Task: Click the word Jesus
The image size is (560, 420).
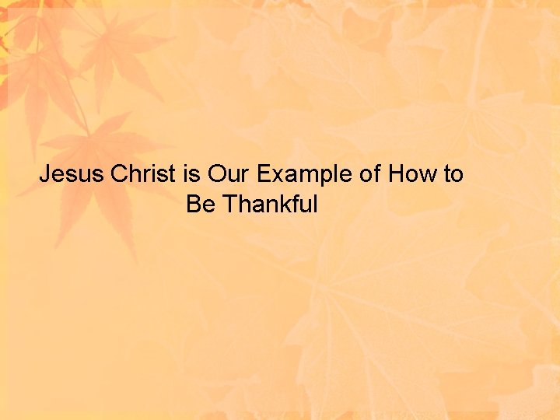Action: pyautogui.click(x=72, y=173)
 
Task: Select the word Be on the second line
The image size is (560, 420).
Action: pyautogui.click(x=201, y=205)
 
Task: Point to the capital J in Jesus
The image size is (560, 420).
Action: pyautogui.click(x=45, y=173)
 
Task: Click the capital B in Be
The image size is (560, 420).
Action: pyautogui.click(x=194, y=205)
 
